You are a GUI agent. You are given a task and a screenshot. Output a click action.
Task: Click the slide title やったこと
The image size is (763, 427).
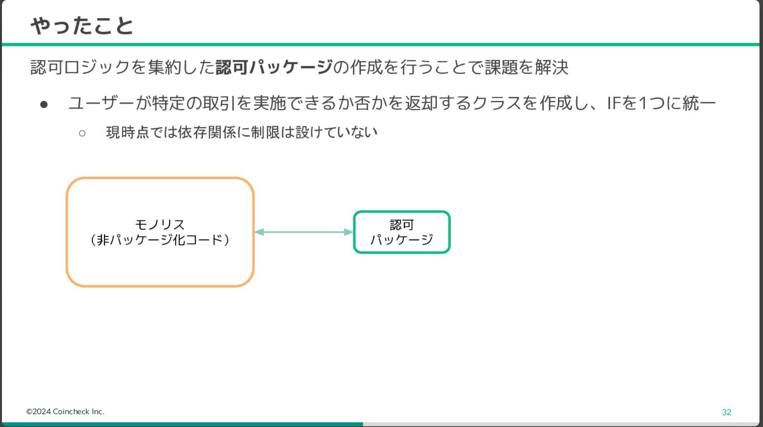pyautogui.click(x=82, y=26)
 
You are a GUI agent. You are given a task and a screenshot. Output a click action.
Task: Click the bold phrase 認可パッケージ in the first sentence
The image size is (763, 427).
pyautogui.click(x=274, y=67)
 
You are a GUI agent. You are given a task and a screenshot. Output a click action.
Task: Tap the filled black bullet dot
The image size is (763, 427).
pyautogui.click(x=44, y=104)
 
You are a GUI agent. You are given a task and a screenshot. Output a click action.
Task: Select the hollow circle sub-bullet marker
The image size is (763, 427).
pyautogui.click(x=82, y=133)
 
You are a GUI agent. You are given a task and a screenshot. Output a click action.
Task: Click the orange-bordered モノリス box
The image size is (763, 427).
pyautogui.click(x=67, y=232)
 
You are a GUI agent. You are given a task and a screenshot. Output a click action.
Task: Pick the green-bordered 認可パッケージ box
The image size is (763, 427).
pyautogui.click(x=354, y=232)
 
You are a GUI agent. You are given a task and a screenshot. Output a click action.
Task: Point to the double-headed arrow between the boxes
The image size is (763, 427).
pyautogui.click(x=304, y=232)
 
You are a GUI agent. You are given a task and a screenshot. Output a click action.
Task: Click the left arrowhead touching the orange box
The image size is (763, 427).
pyautogui.click(x=259, y=232)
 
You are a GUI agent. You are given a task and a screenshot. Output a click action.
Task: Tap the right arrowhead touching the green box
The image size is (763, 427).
pyautogui.click(x=349, y=232)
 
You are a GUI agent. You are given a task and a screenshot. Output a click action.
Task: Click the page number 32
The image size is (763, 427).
pyautogui.click(x=727, y=412)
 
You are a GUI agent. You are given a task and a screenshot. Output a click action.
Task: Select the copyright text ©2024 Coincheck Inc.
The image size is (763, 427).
pyautogui.click(x=65, y=411)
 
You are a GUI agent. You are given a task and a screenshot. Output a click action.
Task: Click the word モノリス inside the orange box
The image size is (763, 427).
pyautogui.click(x=160, y=224)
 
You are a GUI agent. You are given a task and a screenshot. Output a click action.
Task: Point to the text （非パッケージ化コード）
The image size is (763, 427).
pyautogui.click(x=160, y=239)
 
